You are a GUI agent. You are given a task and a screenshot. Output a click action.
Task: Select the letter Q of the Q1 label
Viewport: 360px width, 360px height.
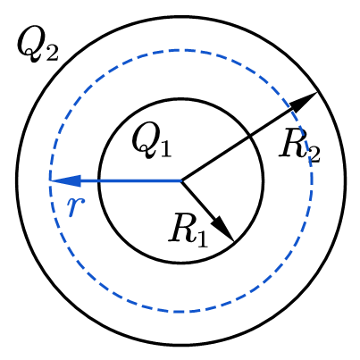click(146, 139)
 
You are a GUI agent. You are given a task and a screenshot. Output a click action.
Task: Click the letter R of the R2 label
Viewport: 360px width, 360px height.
click(292, 142)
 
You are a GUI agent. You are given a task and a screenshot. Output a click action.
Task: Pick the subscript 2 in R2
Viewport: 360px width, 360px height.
click(314, 154)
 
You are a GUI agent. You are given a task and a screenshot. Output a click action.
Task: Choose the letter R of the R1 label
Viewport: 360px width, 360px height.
click(182, 227)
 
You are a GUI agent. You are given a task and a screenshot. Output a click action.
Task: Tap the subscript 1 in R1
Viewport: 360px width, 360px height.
click(202, 239)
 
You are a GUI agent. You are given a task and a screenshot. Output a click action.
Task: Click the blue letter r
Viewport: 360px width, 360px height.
click(76, 206)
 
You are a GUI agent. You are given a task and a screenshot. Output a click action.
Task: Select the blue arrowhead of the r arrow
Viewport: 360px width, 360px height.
click(64, 180)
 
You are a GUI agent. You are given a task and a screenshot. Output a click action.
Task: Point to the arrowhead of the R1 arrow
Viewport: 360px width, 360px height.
click(223, 229)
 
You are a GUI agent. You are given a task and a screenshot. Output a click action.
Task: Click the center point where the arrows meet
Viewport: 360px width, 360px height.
click(181, 180)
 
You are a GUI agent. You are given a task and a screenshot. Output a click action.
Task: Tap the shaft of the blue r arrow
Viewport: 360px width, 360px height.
click(131, 180)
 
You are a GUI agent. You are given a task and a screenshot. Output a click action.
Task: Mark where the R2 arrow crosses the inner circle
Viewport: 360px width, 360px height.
click(248, 137)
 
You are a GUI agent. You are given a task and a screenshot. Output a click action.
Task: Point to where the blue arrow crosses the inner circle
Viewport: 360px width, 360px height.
click(99, 180)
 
